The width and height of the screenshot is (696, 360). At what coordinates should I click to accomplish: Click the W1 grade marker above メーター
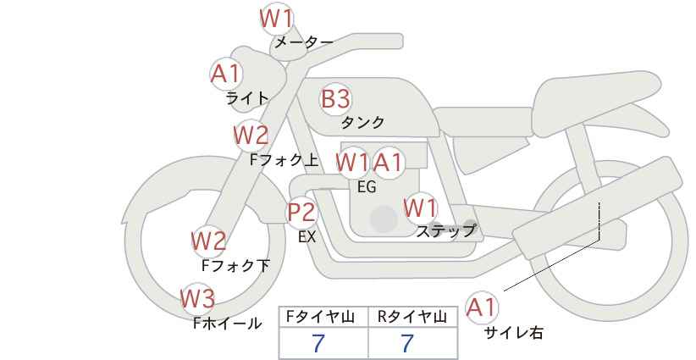pyautogui.click(x=277, y=19)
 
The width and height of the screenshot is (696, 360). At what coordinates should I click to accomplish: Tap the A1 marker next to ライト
pyautogui.click(x=227, y=75)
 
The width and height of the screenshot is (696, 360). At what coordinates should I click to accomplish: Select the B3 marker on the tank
pyautogui.click(x=336, y=98)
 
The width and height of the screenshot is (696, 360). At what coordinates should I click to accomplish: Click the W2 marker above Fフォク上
pyautogui.click(x=251, y=136)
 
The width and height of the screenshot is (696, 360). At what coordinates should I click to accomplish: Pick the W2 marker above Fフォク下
pyautogui.click(x=208, y=241)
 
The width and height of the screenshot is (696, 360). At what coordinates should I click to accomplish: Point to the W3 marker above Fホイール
pyautogui.click(x=198, y=299)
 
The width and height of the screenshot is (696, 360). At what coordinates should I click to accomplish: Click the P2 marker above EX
pyautogui.click(x=302, y=213)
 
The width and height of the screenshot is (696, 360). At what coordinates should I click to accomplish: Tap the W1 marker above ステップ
pyautogui.click(x=420, y=208)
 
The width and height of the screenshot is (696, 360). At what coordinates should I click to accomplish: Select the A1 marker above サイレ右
pyautogui.click(x=482, y=307)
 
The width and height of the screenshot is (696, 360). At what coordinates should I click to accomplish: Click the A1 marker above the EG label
pyautogui.click(x=389, y=163)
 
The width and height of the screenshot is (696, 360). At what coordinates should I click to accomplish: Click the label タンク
pyautogui.click(x=362, y=123)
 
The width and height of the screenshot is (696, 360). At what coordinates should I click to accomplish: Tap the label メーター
pyautogui.click(x=304, y=42)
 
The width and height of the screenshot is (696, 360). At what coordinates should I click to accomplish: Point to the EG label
pyautogui.click(x=367, y=187)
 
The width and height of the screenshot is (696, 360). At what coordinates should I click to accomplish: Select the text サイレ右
pyautogui.click(x=513, y=333)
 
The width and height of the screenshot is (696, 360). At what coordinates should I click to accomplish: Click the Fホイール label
pyautogui.click(x=228, y=324)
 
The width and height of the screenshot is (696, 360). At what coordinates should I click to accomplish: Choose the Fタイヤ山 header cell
pyautogui.click(x=323, y=317)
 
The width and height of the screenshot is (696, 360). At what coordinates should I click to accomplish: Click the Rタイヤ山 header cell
pyautogui.click(x=413, y=317)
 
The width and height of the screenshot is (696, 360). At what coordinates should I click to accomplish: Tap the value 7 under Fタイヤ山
pyautogui.click(x=318, y=343)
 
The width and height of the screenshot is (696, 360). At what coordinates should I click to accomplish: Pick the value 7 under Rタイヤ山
pyautogui.click(x=407, y=343)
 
